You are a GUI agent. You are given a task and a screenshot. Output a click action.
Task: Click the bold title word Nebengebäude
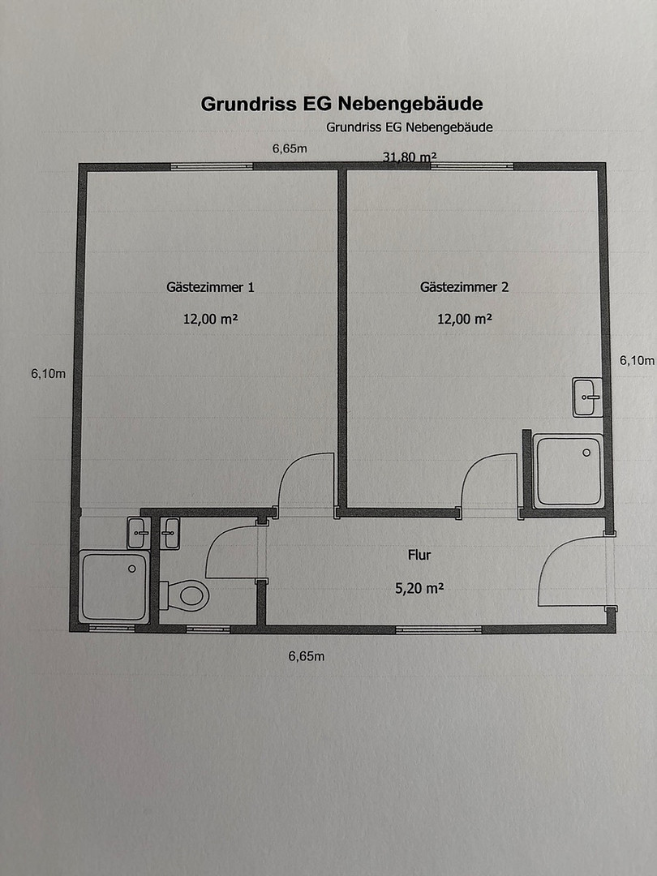point(410,104)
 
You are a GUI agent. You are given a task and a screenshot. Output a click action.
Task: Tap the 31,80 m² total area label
point(409,157)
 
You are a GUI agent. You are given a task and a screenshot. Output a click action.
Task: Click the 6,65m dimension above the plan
point(290,148)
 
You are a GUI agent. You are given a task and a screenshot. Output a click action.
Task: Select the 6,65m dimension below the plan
point(306,656)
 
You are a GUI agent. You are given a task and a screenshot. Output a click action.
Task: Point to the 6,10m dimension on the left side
point(48,374)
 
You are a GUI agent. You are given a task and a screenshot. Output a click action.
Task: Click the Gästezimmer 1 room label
point(210,287)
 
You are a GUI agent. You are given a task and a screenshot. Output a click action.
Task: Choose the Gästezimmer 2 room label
point(464,287)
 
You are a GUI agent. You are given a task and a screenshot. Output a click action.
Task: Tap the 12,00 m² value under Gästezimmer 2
point(464,319)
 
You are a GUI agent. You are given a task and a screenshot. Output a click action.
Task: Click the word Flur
point(419,555)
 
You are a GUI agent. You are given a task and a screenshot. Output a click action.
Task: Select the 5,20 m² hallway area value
point(419,588)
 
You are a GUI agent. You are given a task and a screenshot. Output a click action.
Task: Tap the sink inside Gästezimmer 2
point(588,397)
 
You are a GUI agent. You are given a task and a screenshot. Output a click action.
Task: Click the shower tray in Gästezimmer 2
point(569,471)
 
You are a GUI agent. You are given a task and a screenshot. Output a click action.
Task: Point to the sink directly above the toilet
point(170,533)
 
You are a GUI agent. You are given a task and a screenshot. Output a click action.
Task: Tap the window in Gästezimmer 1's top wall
point(212,166)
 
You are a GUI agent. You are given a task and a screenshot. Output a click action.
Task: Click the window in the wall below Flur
point(439,629)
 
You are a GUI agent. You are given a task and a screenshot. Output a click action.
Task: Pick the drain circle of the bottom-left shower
point(132,569)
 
